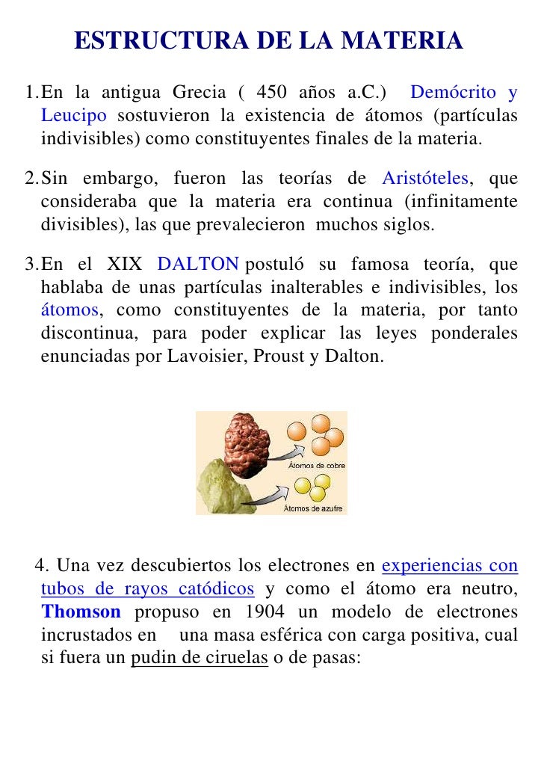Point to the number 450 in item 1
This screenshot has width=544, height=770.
pyautogui.click(x=278, y=93)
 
